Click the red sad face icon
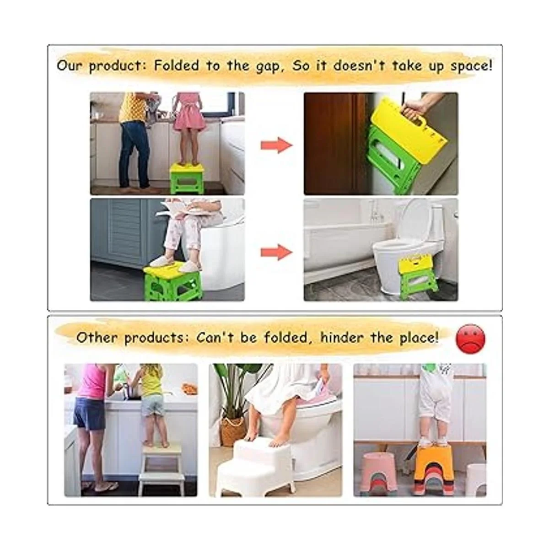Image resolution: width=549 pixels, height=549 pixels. [470, 339]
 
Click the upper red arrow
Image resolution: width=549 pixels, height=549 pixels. [277, 145]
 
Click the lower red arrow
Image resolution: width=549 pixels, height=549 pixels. [277, 252]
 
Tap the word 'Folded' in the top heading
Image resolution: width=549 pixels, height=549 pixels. [176, 65]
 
